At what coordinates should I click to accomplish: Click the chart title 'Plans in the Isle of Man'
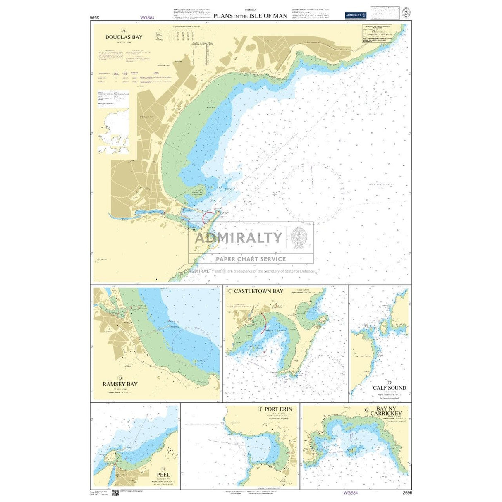[x=250, y=16]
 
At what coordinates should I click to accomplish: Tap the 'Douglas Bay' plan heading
[x=124, y=37]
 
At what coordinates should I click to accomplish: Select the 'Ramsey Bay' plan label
[x=120, y=384]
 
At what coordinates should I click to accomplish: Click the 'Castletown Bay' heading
[x=259, y=291]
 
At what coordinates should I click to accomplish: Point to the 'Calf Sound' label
[x=390, y=387]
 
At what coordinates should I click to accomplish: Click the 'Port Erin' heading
[x=278, y=409]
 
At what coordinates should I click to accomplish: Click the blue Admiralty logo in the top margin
[x=356, y=15]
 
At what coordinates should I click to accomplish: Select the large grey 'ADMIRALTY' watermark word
[x=238, y=238]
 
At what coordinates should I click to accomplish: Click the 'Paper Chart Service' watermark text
[x=251, y=259]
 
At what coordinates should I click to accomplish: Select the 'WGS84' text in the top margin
[x=147, y=18]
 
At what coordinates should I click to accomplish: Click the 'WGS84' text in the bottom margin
[x=350, y=493]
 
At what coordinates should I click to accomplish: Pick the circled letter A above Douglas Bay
[x=124, y=31]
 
